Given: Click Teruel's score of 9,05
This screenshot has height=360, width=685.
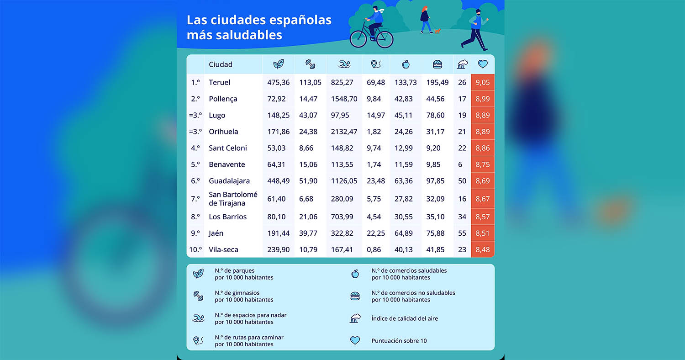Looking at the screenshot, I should click(482, 83).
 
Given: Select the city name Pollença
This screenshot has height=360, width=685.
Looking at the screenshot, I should click(223, 99).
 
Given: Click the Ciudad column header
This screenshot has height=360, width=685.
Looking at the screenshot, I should click(221, 65).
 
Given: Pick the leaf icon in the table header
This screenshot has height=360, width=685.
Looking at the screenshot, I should click(278, 64).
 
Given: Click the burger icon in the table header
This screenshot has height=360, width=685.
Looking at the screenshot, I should click(437, 64).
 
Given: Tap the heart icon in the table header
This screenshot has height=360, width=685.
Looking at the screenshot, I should click(483, 64).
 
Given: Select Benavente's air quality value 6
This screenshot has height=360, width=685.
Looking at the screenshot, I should click(460, 164).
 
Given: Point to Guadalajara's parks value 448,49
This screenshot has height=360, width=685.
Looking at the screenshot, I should click(278, 181).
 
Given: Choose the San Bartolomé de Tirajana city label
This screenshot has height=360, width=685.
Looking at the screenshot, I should click(233, 199).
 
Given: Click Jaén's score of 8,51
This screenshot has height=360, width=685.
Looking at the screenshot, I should click(482, 233).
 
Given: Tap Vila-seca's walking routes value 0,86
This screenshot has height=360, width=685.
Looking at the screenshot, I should click(374, 250).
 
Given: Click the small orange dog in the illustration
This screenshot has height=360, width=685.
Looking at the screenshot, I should click(437, 31).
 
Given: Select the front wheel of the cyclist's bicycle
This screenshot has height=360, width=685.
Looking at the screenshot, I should click(358, 39).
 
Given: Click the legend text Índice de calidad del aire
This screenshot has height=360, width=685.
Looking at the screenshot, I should click(405, 318).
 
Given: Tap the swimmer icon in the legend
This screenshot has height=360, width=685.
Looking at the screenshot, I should click(198, 318).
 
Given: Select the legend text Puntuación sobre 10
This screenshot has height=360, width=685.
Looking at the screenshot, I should click(399, 341).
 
